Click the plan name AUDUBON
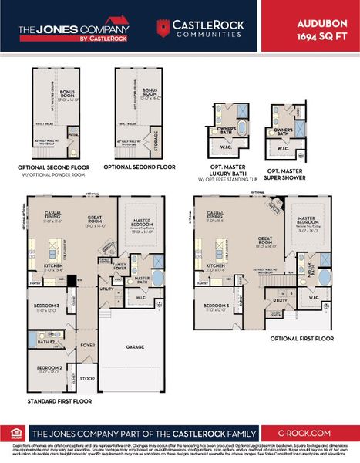[325, 23]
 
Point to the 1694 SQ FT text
[325, 36]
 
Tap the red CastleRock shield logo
[162, 29]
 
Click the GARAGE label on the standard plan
[135, 347]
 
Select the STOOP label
[88, 379]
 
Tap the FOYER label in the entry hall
[88, 346]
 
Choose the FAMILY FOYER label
[119, 266]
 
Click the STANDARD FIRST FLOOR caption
[59, 402]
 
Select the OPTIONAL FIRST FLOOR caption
[301, 339]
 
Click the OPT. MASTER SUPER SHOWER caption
[284, 173]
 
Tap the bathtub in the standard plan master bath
[158, 278]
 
